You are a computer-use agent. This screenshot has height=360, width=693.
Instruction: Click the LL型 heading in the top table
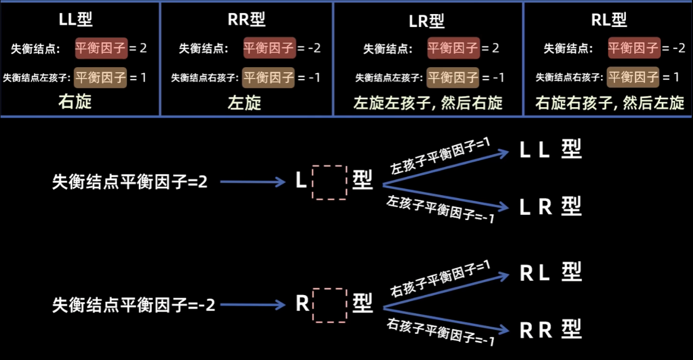click(x=76, y=20)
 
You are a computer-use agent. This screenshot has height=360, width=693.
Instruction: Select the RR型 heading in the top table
click(x=247, y=20)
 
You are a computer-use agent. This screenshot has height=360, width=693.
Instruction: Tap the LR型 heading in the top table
click(x=427, y=21)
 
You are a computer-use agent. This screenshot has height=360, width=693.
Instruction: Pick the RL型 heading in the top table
click(x=609, y=20)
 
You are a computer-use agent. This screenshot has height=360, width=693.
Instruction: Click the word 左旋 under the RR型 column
click(x=245, y=101)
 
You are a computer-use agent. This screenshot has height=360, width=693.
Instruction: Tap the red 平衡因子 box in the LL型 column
click(x=101, y=49)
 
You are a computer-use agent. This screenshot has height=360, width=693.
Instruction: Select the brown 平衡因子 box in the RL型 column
click(x=634, y=78)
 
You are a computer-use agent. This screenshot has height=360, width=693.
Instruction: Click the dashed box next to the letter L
click(x=329, y=182)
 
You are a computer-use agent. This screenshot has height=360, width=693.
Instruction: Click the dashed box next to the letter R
click(x=329, y=305)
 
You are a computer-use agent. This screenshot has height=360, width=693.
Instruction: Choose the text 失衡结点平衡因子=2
click(x=130, y=182)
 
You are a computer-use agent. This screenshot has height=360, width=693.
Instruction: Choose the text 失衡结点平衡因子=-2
click(x=134, y=305)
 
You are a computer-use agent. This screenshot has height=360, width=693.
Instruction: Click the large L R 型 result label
click(x=550, y=207)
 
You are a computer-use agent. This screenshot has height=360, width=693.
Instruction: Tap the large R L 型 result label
click(x=550, y=273)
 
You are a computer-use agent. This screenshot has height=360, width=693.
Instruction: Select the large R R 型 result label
click(x=550, y=330)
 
